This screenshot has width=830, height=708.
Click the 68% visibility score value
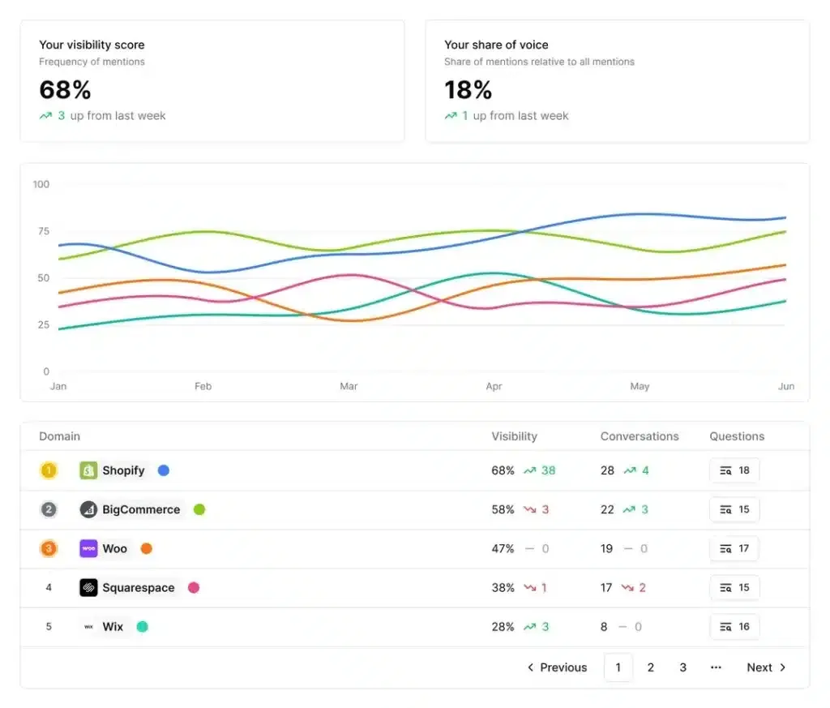tap(65, 89)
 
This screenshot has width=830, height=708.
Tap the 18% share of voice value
tap(468, 89)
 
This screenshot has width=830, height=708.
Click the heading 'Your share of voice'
tap(496, 45)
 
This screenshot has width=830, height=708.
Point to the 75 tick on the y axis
tap(41, 231)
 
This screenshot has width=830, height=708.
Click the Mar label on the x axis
tap(349, 386)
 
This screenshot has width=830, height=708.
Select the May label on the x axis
tap(640, 386)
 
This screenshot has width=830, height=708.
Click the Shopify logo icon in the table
tap(88, 470)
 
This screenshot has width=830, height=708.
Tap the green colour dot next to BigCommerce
tap(199, 509)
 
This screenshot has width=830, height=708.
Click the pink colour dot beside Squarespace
tap(194, 587)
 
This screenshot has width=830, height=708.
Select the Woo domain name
tap(114, 548)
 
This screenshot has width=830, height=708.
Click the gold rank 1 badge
tap(49, 470)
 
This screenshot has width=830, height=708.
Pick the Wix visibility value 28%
tap(503, 626)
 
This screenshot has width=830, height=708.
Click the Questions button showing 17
tap(734, 548)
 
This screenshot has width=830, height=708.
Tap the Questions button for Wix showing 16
tap(734, 626)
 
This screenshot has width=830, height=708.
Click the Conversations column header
tap(640, 436)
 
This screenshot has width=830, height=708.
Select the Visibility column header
tap(514, 436)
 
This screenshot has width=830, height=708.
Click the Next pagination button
tap(766, 667)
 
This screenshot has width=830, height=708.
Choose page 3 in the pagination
tap(682, 667)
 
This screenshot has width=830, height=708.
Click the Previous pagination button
tap(557, 667)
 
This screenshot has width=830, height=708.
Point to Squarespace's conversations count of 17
tap(606, 587)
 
